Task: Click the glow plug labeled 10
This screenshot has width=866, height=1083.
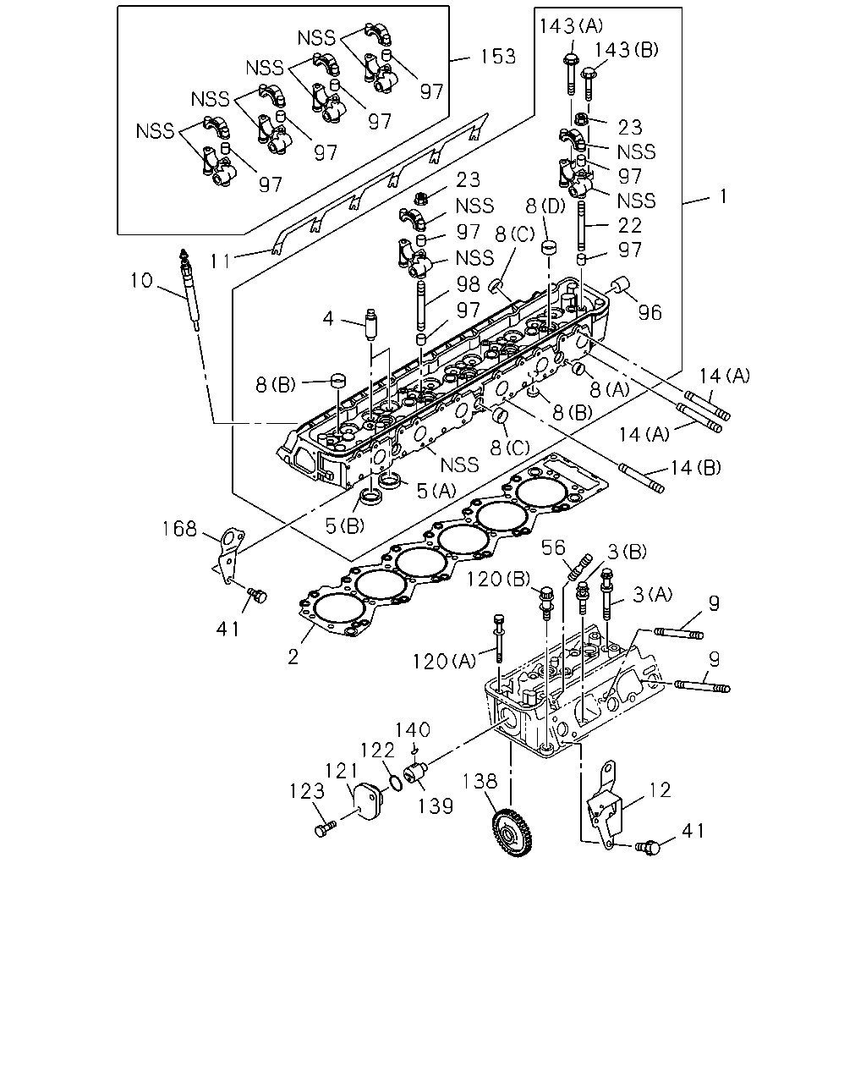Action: pyautogui.click(x=189, y=289)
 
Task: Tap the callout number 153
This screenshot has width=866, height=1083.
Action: pyautogui.click(x=497, y=57)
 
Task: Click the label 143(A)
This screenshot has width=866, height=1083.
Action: pyautogui.click(x=571, y=25)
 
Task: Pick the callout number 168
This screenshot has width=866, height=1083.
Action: pyautogui.click(x=179, y=529)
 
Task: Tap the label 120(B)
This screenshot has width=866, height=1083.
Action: pyautogui.click(x=498, y=580)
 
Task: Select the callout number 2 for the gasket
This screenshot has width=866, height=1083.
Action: pyautogui.click(x=293, y=657)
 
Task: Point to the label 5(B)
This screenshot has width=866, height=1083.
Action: pyautogui.click(x=345, y=526)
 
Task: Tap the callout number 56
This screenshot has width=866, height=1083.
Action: pyautogui.click(x=553, y=547)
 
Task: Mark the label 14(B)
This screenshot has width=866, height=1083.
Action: pyautogui.click(x=695, y=468)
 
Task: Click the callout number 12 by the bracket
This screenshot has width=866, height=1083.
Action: pyautogui.click(x=660, y=789)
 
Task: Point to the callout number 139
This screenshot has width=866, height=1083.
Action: pyautogui.click(x=436, y=805)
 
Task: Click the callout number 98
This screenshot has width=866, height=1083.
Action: pyautogui.click(x=468, y=284)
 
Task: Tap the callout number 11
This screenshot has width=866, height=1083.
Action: pyautogui.click(x=220, y=261)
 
